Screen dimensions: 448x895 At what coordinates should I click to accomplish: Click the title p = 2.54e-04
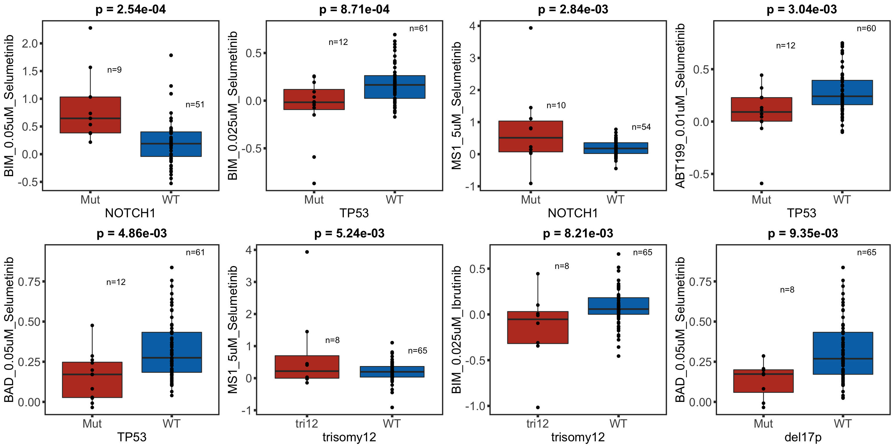(x=131, y=9)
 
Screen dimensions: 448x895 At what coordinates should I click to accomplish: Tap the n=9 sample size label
(x=114, y=70)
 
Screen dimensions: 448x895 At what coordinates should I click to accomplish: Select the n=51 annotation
(x=195, y=105)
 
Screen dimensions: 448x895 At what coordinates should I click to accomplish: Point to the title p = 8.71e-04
(x=354, y=9)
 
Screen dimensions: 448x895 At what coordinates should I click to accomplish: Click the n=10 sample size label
(x=556, y=105)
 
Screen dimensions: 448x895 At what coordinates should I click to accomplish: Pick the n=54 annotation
(x=641, y=127)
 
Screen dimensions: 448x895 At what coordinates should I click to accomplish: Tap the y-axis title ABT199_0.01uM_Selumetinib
(x=680, y=106)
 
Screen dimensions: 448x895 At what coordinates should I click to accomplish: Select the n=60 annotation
(x=866, y=29)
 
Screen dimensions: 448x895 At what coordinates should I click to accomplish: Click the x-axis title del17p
(x=803, y=437)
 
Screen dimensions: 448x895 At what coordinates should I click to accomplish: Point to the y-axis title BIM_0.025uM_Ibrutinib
(x=456, y=330)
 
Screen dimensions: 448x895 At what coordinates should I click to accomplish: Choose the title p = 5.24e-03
(x=349, y=233)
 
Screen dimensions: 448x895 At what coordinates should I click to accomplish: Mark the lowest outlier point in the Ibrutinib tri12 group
(x=538, y=407)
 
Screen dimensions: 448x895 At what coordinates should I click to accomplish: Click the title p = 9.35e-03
(x=803, y=233)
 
